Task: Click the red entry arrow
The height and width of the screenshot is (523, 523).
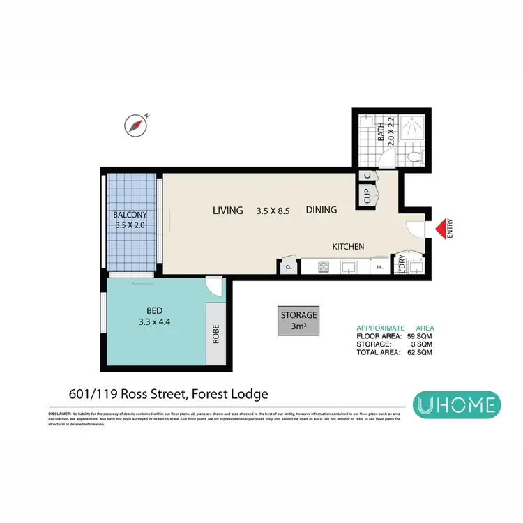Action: pos(440,229)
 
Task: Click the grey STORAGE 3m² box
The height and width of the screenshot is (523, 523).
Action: pos(298,321)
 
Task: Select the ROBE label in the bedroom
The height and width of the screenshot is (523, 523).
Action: pos(215,335)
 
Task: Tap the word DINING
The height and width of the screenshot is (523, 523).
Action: pos(321,210)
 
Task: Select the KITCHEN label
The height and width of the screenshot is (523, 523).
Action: pos(349,246)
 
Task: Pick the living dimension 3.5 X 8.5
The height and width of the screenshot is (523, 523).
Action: pos(273,210)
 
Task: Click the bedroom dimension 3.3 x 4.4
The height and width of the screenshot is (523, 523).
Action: pos(154,322)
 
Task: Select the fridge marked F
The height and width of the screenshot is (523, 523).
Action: pos(380,266)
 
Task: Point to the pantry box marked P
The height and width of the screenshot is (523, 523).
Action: pos(288,266)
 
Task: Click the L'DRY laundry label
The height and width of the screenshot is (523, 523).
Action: pos(402,265)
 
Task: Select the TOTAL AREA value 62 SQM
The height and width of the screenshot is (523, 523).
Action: pos(420,353)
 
